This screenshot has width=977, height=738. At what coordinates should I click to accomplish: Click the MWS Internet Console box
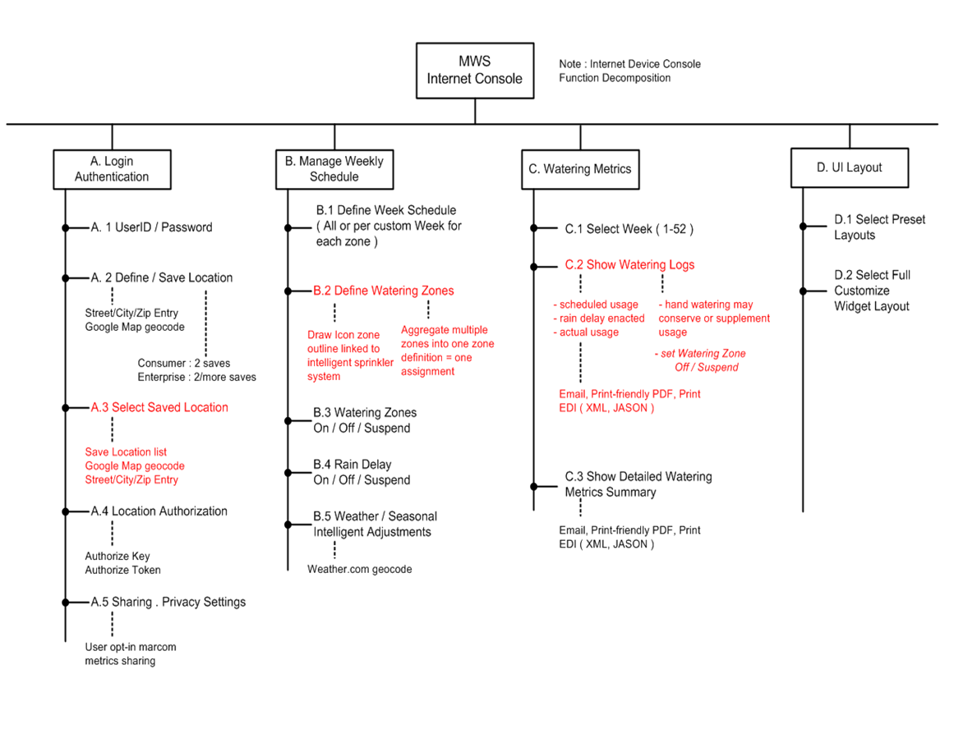[475, 71]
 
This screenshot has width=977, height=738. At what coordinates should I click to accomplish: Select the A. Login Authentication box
[112, 169]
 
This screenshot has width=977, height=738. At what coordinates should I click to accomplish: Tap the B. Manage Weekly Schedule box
[334, 169]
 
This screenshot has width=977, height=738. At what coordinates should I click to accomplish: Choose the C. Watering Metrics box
[580, 169]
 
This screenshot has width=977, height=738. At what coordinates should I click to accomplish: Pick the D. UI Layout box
[850, 167]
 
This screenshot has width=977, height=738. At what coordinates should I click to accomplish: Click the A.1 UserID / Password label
[151, 227]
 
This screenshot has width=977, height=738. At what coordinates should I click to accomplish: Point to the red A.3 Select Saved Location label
[159, 407]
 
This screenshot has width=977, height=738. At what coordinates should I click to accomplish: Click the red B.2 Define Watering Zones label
[383, 291]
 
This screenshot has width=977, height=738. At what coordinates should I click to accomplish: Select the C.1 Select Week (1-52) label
[629, 229]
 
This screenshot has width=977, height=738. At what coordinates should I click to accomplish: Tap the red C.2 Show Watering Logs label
[629, 264]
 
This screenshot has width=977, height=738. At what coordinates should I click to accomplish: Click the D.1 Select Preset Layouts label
[880, 227]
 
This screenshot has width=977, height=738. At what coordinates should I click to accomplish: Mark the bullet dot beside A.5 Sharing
[66, 603]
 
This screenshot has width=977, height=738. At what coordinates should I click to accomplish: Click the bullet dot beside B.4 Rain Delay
[288, 473]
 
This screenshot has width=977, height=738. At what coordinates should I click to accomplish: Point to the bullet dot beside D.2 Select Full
[803, 291]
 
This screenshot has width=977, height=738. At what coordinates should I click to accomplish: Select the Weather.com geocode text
[360, 570]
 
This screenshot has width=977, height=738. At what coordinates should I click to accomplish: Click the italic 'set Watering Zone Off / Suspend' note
[700, 360]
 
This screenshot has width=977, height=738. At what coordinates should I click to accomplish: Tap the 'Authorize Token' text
[122, 570]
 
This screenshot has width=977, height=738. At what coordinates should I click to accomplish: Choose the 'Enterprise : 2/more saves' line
[197, 377]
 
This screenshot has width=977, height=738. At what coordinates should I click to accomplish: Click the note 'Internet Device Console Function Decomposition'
[630, 71]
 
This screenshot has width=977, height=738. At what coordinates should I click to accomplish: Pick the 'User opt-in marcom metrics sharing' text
[131, 654]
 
